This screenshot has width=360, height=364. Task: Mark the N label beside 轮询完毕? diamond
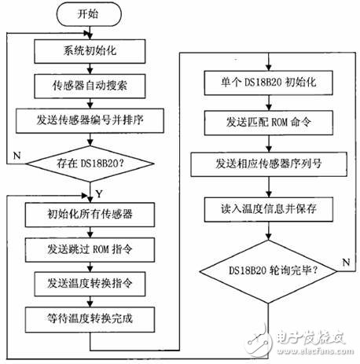pos(343,261)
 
